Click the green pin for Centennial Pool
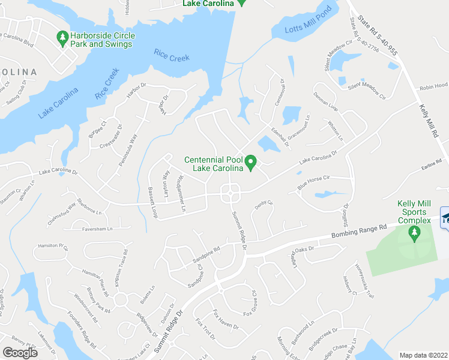click(253, 162)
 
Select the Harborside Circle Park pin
click(62, 38)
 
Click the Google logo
click(20, 352)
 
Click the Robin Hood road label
click(433, 86)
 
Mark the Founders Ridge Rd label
click(81, 328)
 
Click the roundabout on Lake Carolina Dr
click(231, 194)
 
